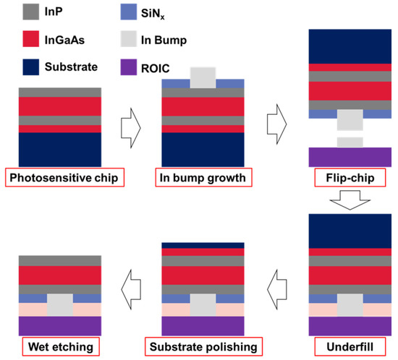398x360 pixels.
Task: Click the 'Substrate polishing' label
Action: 203,347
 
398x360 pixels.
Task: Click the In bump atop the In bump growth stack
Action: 203,77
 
